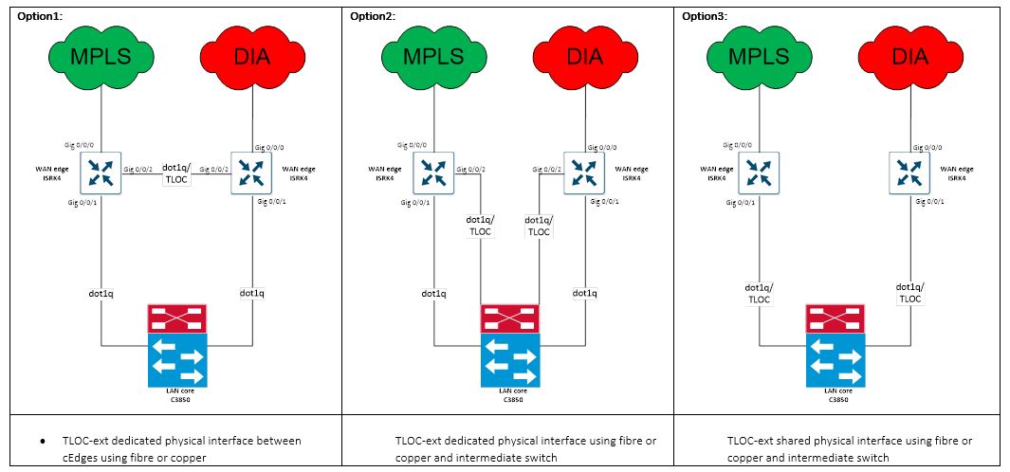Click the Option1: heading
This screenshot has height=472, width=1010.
tap(38, 15)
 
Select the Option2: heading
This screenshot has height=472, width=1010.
tap(373, 15)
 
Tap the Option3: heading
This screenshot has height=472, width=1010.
tap(705, 15)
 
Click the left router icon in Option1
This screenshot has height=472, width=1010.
tap(101, 174)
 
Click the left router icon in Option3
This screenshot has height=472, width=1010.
tap(758, 174)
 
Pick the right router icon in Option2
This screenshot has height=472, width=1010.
tap(583, 174)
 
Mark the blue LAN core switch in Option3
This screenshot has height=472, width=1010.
tap(835, 359)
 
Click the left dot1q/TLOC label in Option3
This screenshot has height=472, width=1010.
tap(758, 292)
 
